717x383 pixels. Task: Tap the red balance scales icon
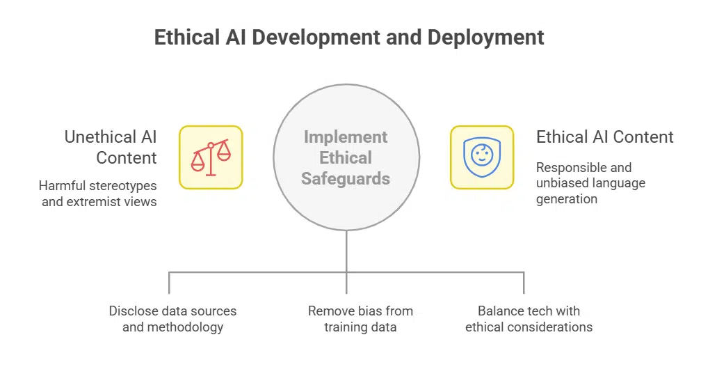coord(211,157)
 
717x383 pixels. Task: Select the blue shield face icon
coord(482,157)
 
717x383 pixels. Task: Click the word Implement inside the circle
coord(346,136)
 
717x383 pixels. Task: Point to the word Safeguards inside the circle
coord(346,179)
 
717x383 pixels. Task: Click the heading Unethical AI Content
coord(111,147)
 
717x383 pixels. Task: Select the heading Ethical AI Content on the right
coord(604,137)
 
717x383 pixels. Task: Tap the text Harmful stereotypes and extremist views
coord(97,194)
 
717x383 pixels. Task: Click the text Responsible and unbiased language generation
coord(590,183)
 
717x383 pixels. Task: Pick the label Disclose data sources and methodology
coord(172,319)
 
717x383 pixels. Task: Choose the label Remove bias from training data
coord(360,319)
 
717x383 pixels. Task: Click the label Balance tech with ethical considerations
coord(529,319)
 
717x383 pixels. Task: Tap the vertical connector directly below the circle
coord(346,251)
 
